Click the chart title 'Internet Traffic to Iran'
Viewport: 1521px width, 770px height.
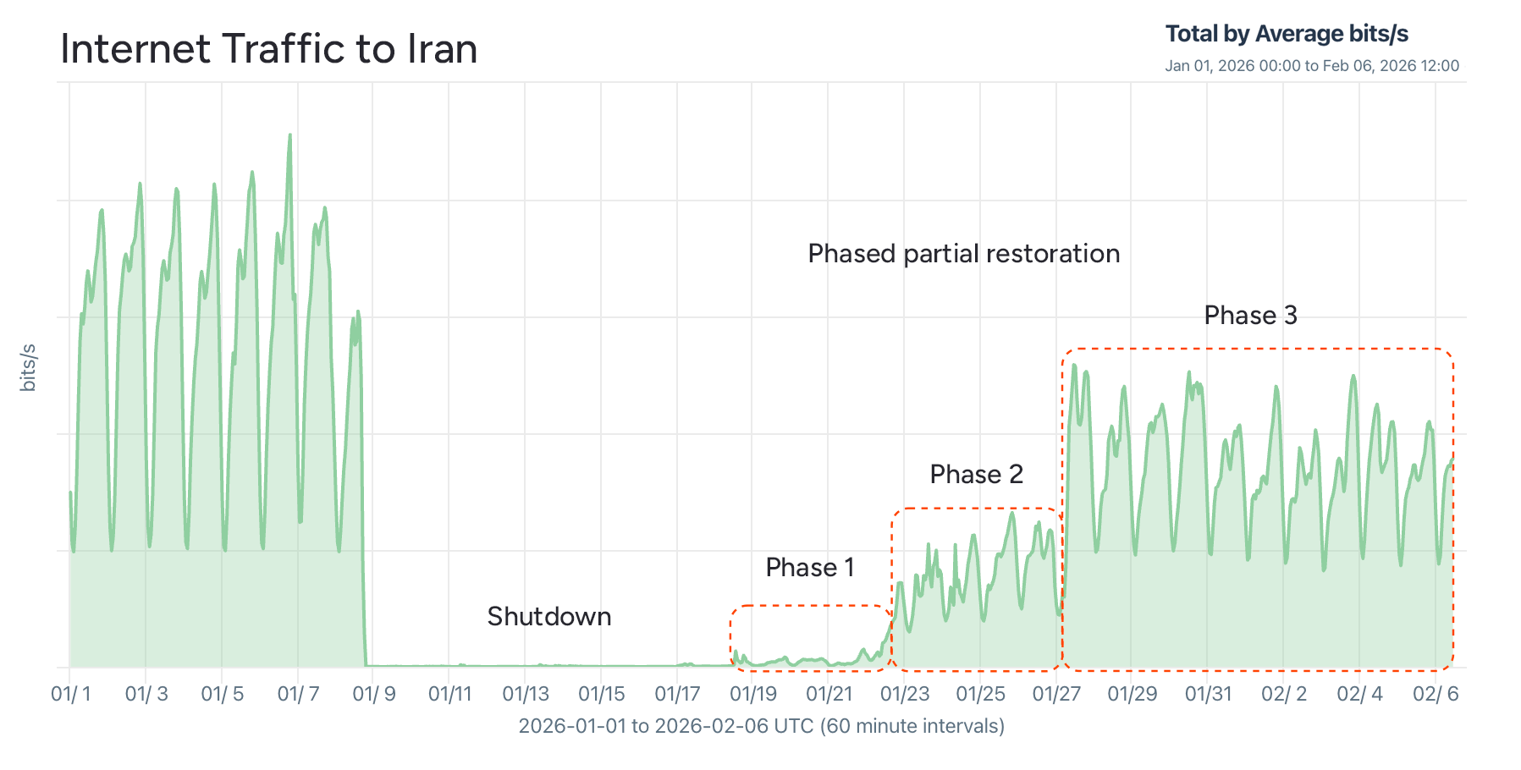[269, 49]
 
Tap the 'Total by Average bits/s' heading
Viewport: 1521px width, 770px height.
[1287, 34]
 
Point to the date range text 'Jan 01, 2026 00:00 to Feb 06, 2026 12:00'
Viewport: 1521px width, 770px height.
[1312, 66]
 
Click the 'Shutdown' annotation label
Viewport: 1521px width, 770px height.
[548, 617]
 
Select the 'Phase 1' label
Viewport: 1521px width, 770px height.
[809, 568]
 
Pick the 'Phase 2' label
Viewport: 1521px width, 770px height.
[976, 475]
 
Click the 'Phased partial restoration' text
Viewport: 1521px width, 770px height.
[963, 254]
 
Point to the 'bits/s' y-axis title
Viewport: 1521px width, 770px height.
[28, 368]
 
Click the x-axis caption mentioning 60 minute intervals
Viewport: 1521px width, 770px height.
[761, 726]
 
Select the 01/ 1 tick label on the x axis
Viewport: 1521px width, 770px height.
[71, 695]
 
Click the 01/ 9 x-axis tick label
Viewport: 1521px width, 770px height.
[374, 695]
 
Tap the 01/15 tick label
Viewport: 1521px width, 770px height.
[601, 695]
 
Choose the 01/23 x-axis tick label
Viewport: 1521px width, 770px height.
[905, 695]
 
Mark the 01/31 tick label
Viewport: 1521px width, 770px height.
[1208, 695]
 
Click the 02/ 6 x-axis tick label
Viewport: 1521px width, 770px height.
[1436, 695]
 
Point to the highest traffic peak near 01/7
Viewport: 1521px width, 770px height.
[290, 136]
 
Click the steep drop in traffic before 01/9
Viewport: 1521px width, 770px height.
[363, 508]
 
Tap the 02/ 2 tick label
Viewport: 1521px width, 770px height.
[1284, 695]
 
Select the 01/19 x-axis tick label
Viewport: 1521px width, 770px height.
[753, 695]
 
